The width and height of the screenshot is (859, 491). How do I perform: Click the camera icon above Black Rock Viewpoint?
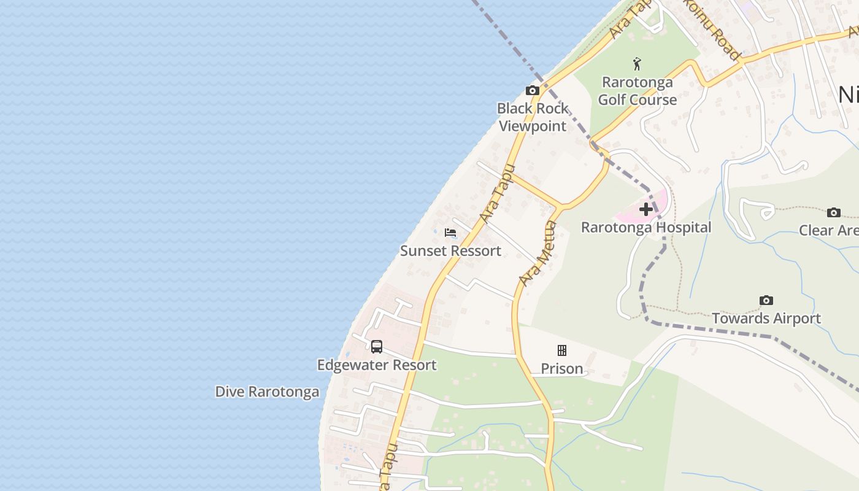coord(533,91)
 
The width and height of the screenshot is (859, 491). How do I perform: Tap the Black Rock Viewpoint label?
coord(533,117)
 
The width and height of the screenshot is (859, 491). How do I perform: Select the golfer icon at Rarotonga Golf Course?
coord(638,64)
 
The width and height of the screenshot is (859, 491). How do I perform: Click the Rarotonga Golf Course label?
coord(637,91)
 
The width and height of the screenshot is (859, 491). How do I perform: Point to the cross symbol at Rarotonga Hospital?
coord(645,209)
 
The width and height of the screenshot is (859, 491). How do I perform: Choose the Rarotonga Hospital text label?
coord(646,228)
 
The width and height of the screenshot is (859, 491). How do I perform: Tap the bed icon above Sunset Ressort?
coord(450,233)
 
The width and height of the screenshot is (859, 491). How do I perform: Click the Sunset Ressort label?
coord(450,251)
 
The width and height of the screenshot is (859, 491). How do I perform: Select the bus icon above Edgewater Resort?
coord(377,347)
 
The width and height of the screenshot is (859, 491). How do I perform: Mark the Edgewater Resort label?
coord(377,365)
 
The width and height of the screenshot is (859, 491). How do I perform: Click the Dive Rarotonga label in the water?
coord(267,392)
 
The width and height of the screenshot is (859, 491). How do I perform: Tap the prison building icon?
coord(561,350)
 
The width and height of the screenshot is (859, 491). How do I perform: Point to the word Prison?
coord(561,369)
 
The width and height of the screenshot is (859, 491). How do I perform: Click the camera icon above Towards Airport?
coord(766,300)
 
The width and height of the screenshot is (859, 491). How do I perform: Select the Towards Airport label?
coord(766,319)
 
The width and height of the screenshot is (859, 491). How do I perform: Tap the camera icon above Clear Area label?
coord(833,212)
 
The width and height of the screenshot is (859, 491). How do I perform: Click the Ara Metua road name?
coord(537,253)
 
